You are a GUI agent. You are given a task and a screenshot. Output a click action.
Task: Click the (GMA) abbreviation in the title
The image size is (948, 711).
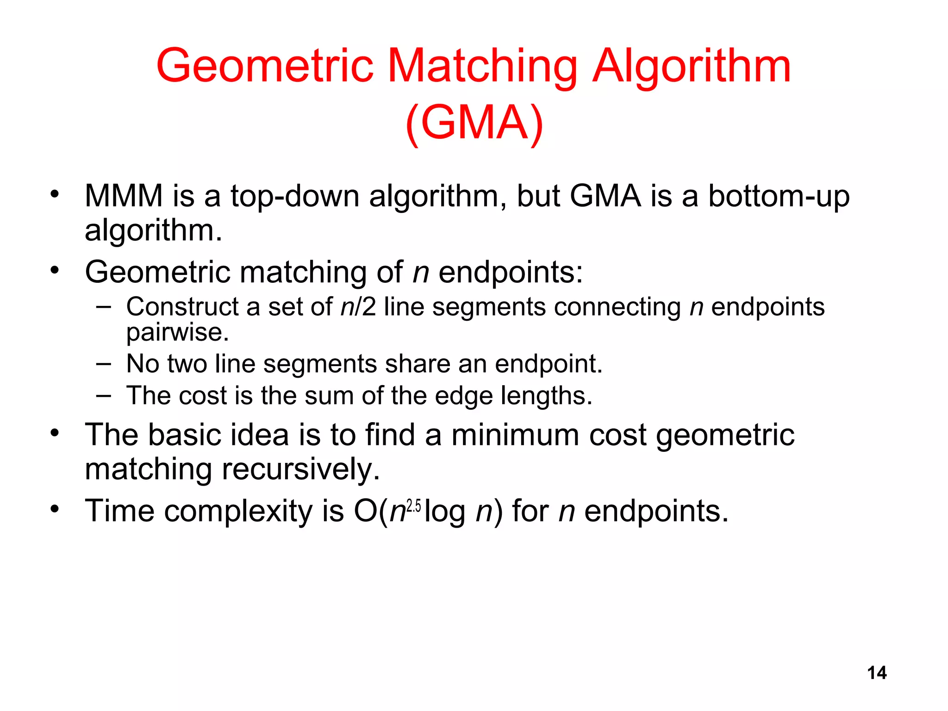(x=474, y=123)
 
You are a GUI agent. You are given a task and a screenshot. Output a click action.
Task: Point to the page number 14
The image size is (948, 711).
(x=877, y=673)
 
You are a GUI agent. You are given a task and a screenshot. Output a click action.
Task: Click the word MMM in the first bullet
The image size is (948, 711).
(x=124, y=196)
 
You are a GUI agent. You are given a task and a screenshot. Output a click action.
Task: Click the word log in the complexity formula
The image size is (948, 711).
(x=445, y=512)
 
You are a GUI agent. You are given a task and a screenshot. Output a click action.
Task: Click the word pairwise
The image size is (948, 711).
(x=177, y=332)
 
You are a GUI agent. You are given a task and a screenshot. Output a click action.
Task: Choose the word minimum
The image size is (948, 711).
(x=515, y=435)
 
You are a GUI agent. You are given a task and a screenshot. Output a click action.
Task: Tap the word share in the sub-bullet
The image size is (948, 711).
(x=418, y=364)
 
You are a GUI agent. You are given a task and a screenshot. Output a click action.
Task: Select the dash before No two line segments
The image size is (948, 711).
(x=104, y=364)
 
